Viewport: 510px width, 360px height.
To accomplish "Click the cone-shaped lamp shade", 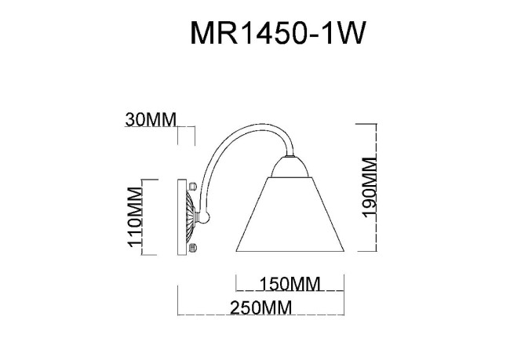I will (x=290, y=216).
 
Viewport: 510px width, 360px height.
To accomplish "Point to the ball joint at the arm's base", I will (x=206, y=217).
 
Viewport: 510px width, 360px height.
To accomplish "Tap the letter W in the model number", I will (x=351, y=35).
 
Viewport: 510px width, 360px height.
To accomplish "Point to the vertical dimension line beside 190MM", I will (x=359, y=187).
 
